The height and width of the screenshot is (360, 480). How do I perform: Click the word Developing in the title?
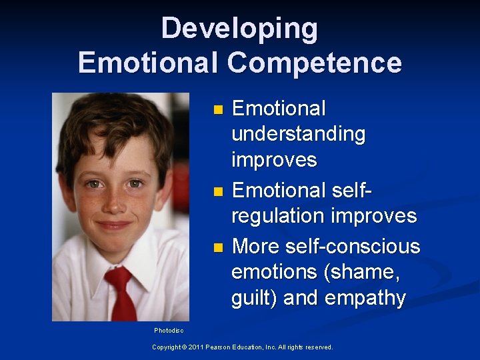[x=239, y=29]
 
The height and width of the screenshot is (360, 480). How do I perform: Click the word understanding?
[x=298, y=134]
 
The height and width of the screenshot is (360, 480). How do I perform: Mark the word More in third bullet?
[x=256, y=246]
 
